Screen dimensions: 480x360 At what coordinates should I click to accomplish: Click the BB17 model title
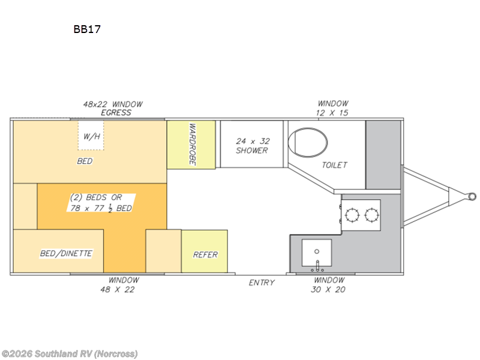[x=87, y=29]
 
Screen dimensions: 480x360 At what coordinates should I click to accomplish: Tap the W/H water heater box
[x=91, y=136]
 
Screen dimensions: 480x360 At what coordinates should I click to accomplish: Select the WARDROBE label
[x=192, y=144]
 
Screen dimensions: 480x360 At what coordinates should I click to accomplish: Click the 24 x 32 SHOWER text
[x=253, y=146]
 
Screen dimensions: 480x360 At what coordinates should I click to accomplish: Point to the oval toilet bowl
[x=308, y=143]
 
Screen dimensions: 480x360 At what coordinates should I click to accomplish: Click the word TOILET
[x=334, y=166]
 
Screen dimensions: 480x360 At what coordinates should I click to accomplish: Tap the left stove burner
[x=352, y=215]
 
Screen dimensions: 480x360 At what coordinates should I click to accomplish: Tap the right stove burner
[x=371, y=215]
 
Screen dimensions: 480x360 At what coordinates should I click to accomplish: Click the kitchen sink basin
[x=317, y=253]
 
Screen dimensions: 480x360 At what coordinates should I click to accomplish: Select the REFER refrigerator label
[x=205, y=254]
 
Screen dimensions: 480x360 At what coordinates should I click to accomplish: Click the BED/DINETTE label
[x=66, y=253]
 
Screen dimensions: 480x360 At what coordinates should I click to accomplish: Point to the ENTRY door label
[x=262, y=283]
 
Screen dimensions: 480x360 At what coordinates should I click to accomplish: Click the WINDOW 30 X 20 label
[x=328, y=284]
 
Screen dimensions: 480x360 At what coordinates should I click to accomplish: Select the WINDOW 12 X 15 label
[x=332, y=108]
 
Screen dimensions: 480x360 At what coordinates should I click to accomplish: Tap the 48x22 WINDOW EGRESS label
[x=113, y=109]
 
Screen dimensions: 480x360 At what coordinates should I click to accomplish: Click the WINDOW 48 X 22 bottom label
[x=118, y=284]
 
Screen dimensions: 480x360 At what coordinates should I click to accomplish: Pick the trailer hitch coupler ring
[x=472, y=196]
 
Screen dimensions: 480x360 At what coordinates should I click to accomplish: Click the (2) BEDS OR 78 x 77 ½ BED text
[x=101, y=203]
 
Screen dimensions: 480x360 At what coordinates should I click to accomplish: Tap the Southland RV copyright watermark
[x=70, y=354]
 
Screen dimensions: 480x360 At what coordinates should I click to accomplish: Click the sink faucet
[x=317, y=266]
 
